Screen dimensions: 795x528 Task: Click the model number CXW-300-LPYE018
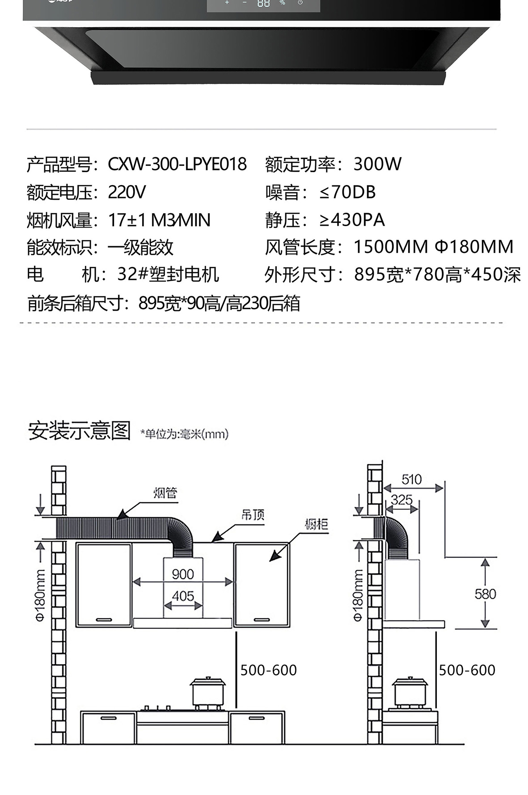pos(177,164)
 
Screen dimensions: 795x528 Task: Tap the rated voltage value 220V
pos(127,193)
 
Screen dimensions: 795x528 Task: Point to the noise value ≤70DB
pos(347,193)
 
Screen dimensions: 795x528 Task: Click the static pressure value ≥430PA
pos(352,220)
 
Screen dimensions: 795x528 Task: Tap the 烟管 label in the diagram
pos(165,493)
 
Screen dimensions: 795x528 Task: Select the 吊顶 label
pos(253,515)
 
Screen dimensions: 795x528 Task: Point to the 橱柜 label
pos(317,524)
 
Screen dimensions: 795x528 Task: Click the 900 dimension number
pos(183,574)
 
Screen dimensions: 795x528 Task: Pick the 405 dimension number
pos(183,596)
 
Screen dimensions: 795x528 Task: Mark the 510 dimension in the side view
pos(411,480)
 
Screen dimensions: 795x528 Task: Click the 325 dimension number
pos(401,500)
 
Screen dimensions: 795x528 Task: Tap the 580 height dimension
pos(485,594)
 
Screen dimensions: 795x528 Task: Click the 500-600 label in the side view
pos(467,670)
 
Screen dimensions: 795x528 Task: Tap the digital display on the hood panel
pos(263,4)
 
